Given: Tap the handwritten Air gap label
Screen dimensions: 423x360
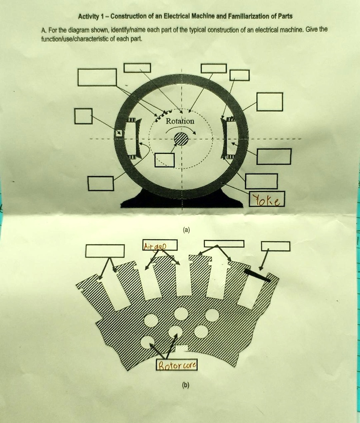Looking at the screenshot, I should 154,246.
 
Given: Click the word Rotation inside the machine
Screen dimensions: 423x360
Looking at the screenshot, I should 180,121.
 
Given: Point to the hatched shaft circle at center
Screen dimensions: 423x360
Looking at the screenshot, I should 181,139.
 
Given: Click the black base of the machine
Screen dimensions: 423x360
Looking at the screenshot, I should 182,201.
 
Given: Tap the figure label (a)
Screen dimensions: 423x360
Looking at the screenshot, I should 187,231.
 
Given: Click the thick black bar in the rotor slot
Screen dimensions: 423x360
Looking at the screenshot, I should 257,275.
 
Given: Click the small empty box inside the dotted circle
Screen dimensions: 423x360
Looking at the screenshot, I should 165,160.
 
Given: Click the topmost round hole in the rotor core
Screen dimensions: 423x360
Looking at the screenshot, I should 181,314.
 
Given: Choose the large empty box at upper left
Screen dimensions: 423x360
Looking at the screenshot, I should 97,77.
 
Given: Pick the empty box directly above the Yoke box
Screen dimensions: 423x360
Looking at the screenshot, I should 261,181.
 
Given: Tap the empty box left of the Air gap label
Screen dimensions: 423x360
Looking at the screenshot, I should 105,251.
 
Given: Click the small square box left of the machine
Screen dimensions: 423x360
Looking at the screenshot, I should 83,116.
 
